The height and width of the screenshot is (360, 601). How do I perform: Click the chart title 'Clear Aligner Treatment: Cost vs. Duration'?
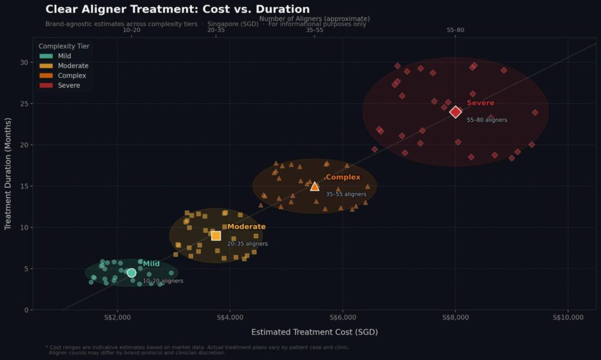coord(177,9)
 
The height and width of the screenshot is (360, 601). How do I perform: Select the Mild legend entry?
coord(64,56)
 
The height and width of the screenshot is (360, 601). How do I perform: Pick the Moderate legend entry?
coord(73,66)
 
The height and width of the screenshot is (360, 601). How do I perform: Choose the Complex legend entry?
coord(72,76)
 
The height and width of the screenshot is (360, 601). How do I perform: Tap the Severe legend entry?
coord(69,86)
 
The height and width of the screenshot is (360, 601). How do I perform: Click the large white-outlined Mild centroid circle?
coord(131,273)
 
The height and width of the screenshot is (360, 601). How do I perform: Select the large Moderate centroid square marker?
coord(216,235)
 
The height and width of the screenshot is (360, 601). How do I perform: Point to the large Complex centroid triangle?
coord(315,186)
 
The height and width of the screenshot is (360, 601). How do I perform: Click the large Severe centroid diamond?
coord(455,112)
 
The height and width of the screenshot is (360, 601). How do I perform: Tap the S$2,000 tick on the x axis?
coord(117,318)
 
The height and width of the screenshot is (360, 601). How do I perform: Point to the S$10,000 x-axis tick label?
coord(568,318)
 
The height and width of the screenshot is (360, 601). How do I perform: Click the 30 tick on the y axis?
coord(24,62)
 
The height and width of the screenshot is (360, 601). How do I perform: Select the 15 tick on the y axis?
coord(24,186)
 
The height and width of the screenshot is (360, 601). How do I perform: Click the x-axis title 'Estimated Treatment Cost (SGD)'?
coord(314,332)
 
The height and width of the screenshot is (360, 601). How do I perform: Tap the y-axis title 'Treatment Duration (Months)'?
coord(8,174)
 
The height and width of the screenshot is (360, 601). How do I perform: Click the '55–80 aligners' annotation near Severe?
coord(487,120)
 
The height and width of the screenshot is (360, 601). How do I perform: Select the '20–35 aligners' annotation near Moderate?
coord(247,244)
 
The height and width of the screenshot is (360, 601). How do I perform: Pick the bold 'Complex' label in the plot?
coord(343,177)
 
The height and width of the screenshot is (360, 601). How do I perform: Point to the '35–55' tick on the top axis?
coord(315,29)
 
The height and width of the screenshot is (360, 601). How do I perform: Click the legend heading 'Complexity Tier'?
coord(64,46)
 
